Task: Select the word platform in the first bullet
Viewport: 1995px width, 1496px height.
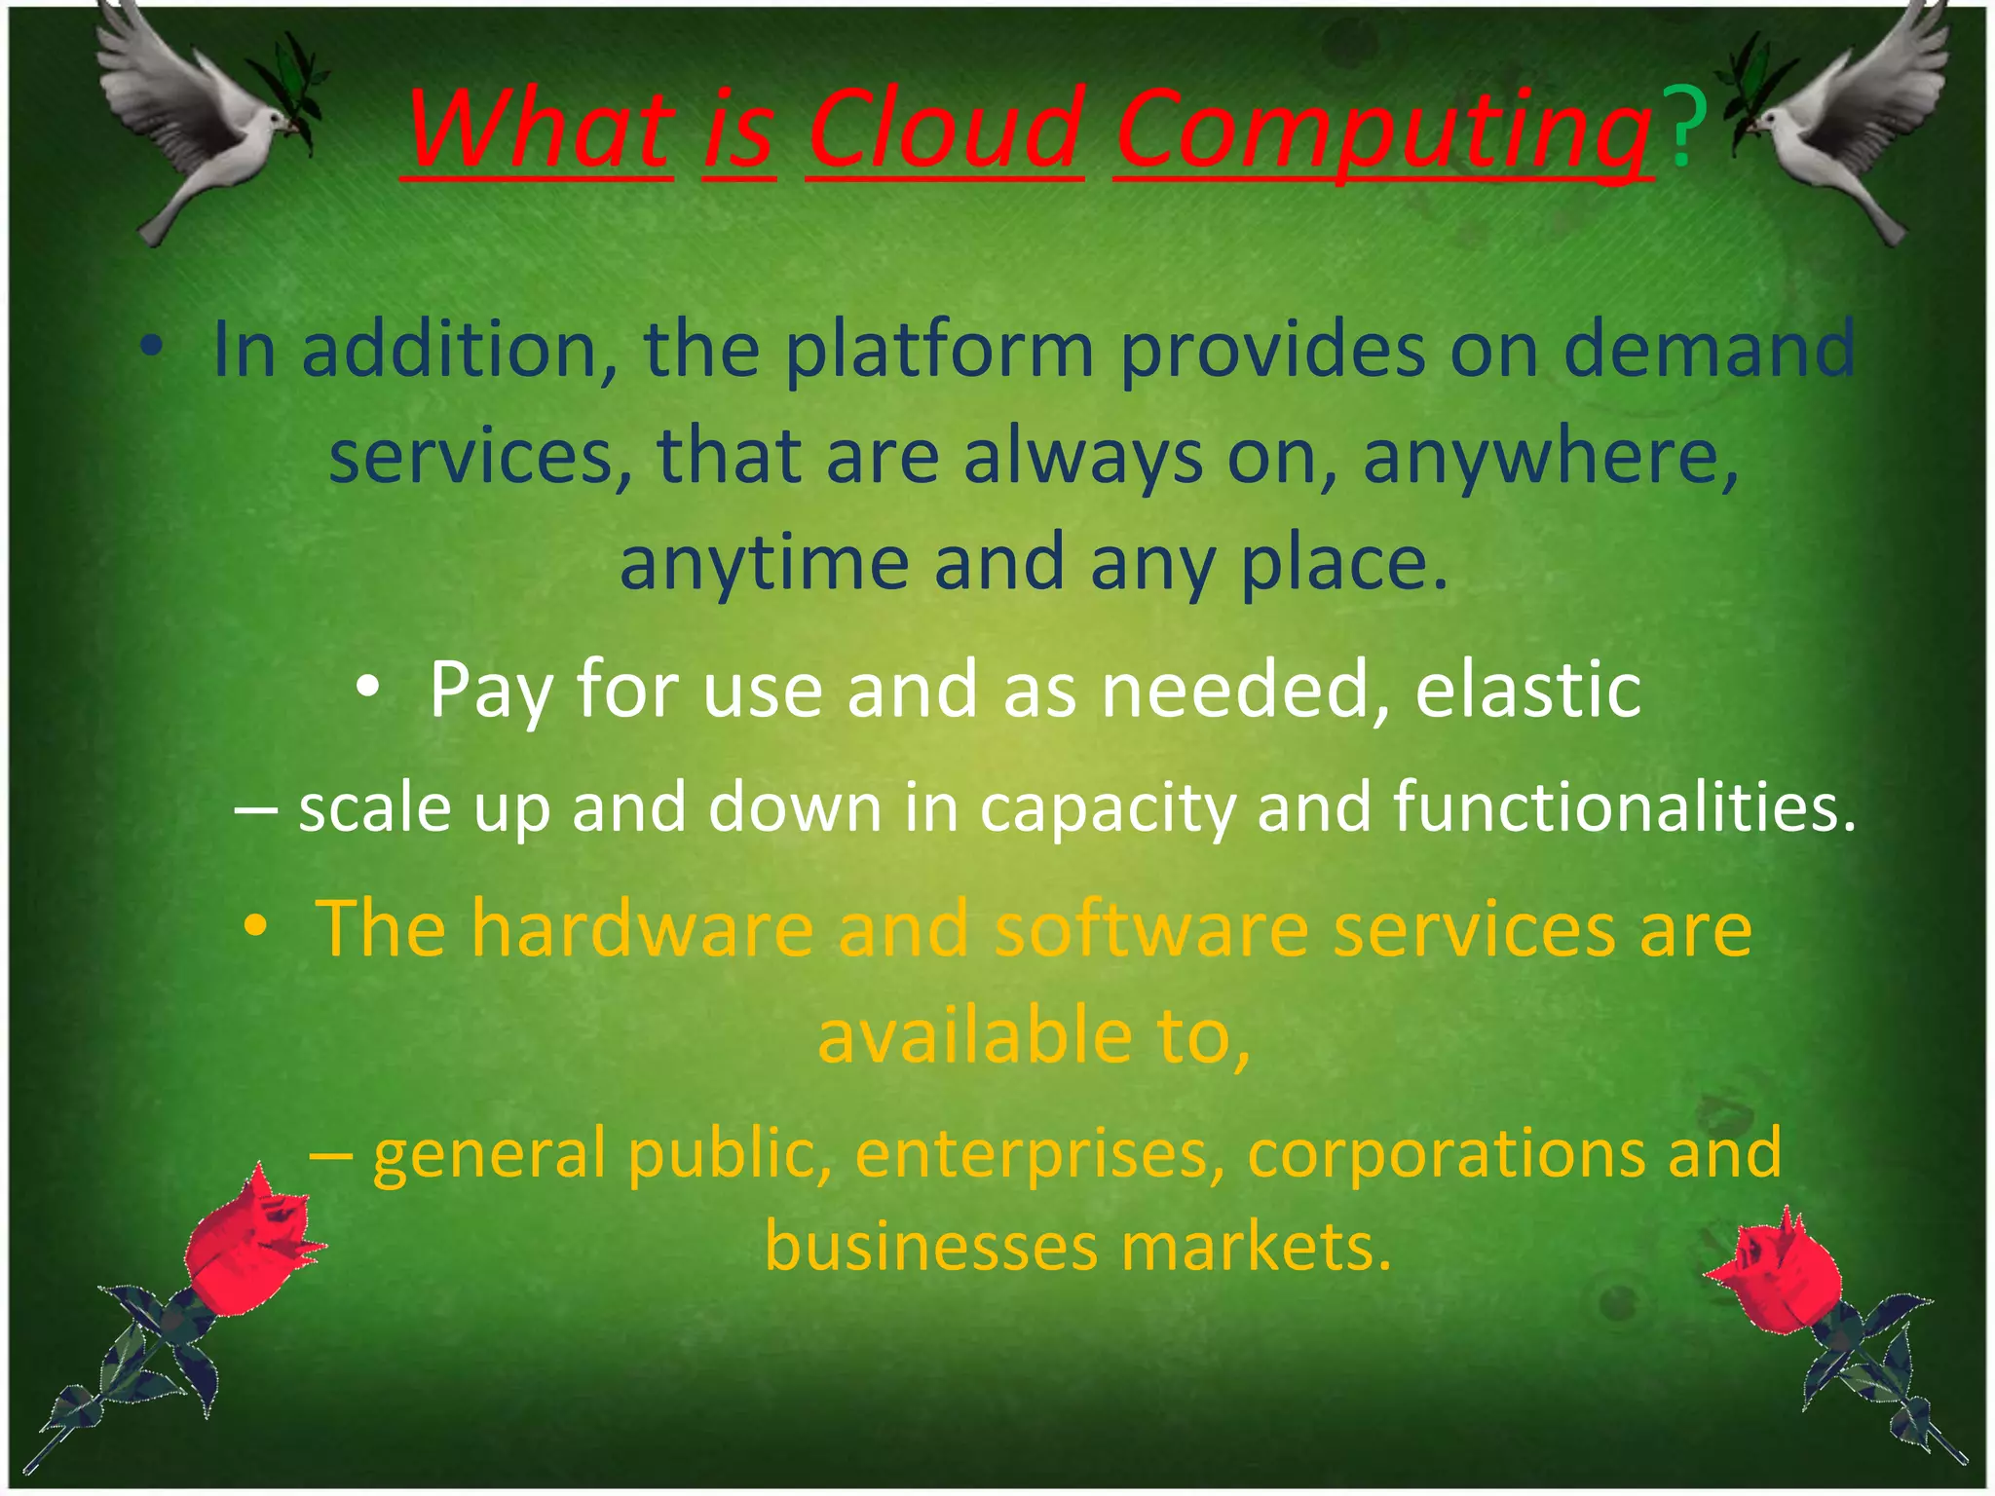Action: click(940, 352)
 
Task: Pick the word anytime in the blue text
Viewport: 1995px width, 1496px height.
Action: click(764, 563)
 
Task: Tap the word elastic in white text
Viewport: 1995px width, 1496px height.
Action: click(1527, 690)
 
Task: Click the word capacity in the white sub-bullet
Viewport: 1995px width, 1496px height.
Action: click(1108, 809)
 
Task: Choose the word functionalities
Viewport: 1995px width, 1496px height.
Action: click(1624, 807)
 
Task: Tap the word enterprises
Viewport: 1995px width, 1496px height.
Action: click(1039, 1155)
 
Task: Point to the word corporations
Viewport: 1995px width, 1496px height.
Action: click(1445, 1153)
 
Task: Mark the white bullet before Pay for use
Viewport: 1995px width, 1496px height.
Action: click(367, 688)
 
